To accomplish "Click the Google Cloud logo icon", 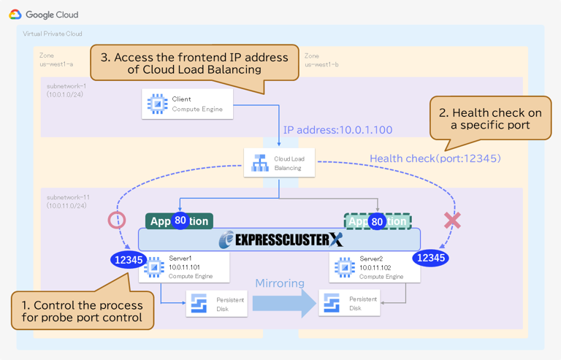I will (15, 15).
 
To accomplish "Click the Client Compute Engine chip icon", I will (157, 104).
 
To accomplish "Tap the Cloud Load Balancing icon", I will (260, 163).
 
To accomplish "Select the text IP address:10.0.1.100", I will (337, 130).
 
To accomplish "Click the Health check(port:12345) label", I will (435, 158).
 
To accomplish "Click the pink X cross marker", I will (452, 219).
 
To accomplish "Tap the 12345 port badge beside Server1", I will (127, 258).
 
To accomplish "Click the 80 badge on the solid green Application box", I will (180, 221).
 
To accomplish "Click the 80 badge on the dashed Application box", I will (377, 221).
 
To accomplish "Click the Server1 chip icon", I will (154, 267).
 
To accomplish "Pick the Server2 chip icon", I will (344, 267).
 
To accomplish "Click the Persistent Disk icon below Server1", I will (199, 304).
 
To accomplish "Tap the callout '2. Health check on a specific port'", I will (489, 120).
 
